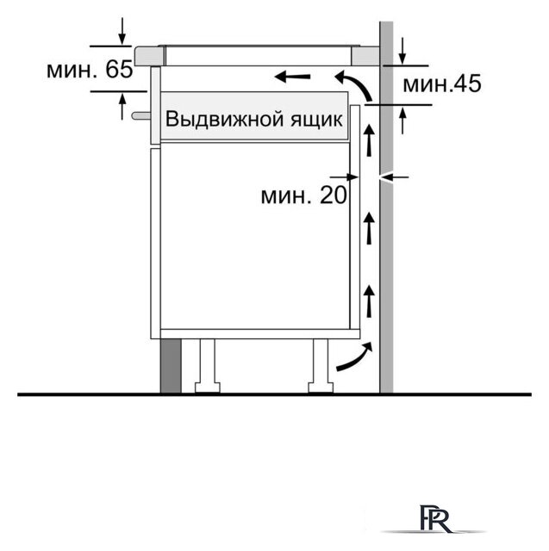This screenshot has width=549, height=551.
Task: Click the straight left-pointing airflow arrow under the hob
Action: tap(293, 78)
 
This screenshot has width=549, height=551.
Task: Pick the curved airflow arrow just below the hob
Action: tap(352, 83)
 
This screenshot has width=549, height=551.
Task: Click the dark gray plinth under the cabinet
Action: tap(170, 366)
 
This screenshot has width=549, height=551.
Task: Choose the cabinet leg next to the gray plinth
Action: tap(207, 365)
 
